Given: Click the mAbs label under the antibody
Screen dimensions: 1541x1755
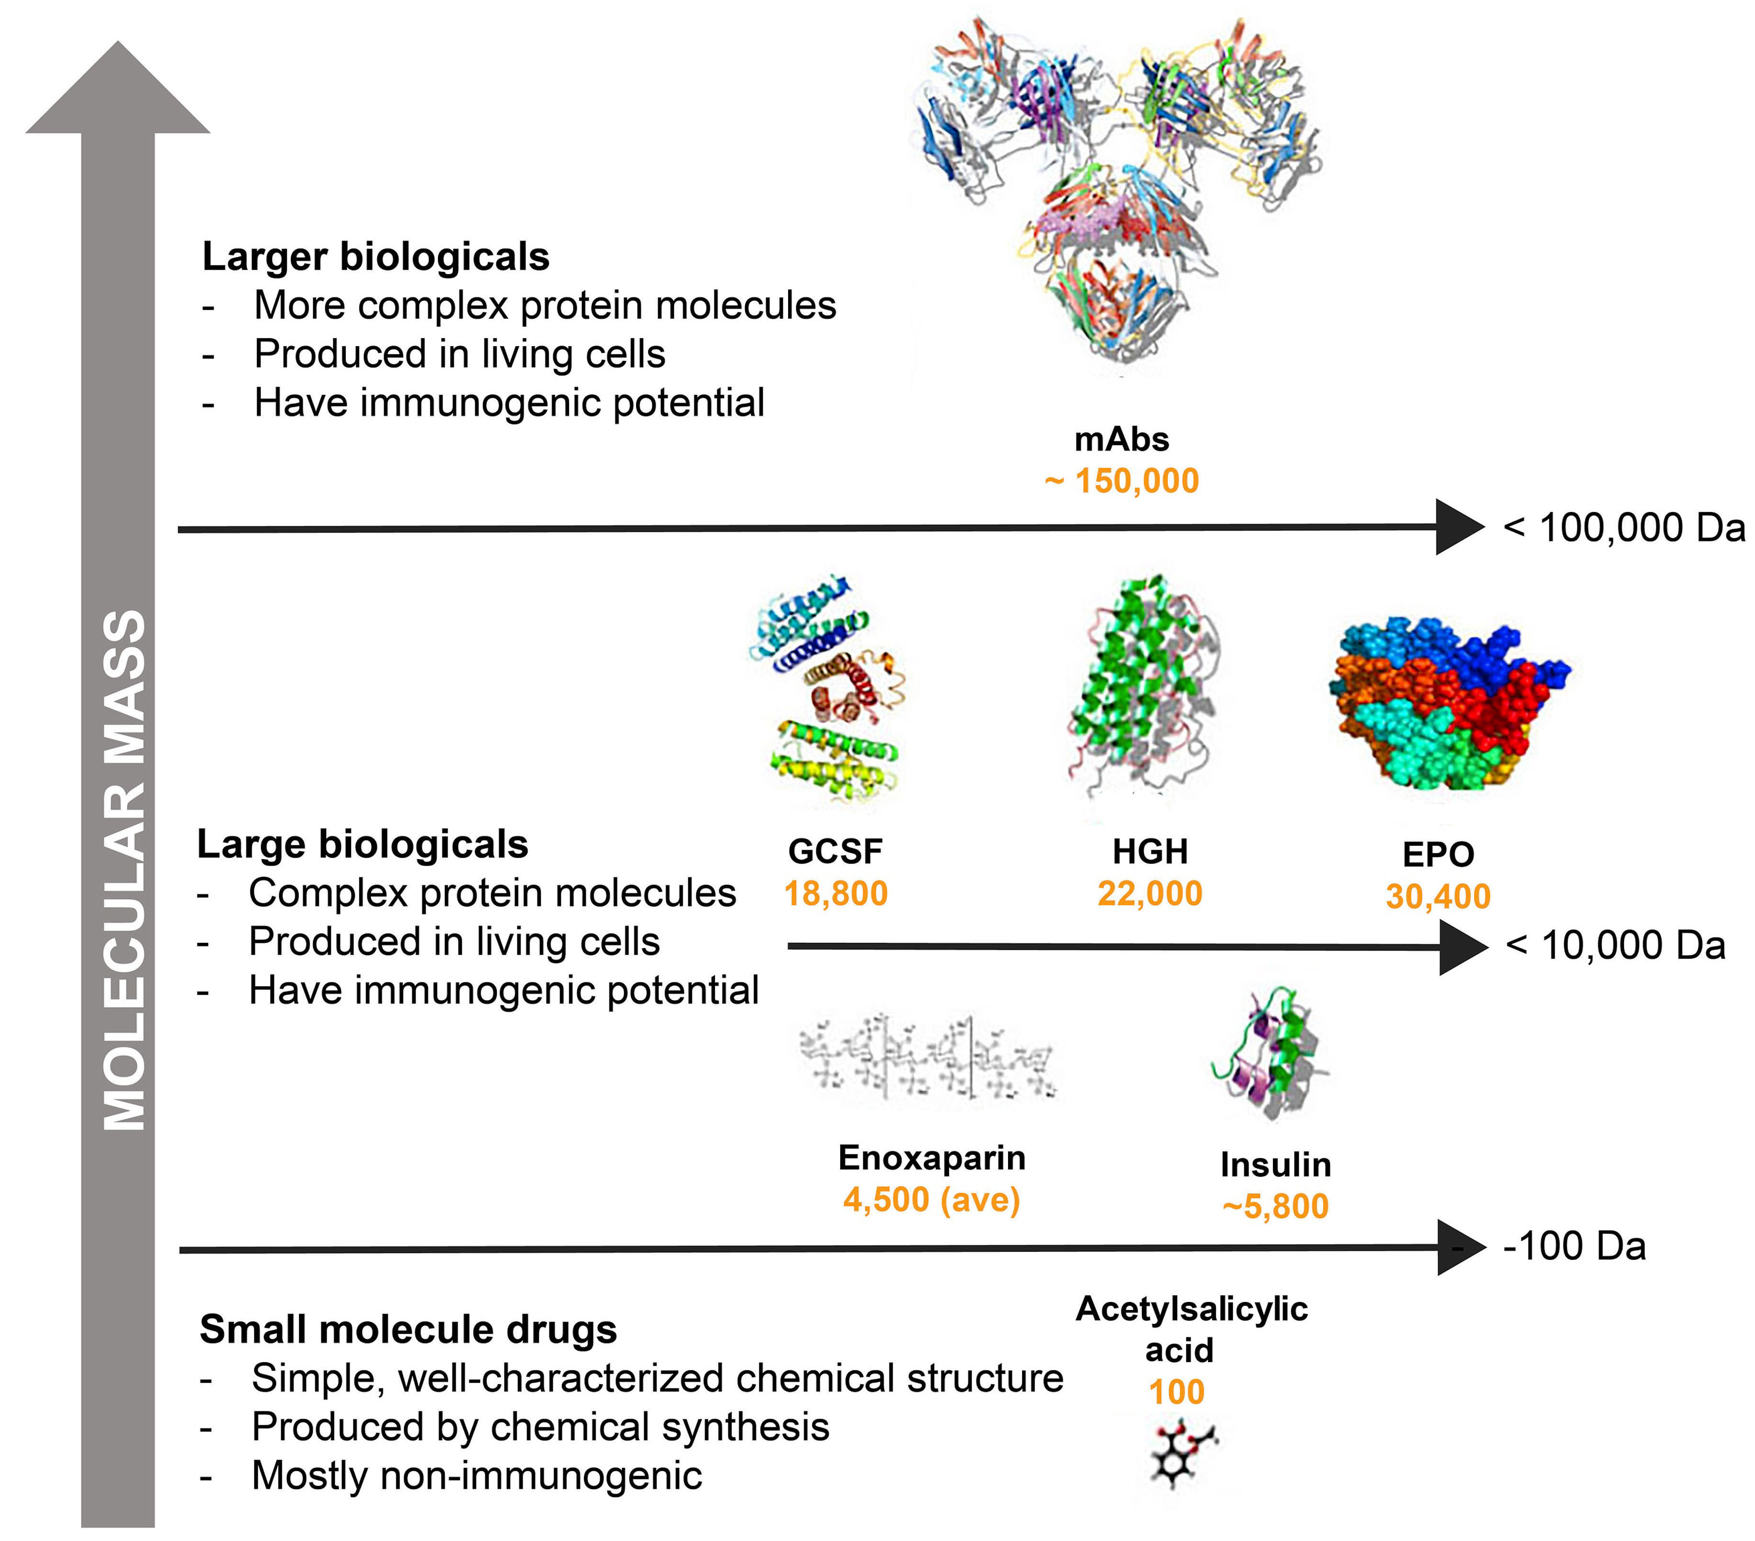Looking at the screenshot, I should click(x=1121, y=439).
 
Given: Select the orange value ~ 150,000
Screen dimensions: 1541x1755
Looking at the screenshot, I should click(x=1121, y=481).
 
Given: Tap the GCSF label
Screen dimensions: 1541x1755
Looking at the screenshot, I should click(x=834, y=852).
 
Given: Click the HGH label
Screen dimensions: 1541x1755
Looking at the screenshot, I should click(x=1150, y=852).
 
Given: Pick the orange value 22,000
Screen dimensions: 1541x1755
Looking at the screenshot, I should click(x=1150, y=894).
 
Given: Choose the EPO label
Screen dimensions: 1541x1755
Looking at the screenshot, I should click(x=1438, y=854).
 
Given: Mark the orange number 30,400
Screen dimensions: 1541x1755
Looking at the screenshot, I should click(x=1438, y=896).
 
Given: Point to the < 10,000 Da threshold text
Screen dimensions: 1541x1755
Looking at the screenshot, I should click(x=1615, y=945).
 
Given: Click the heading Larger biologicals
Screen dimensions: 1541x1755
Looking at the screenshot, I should click(x=375, y=257).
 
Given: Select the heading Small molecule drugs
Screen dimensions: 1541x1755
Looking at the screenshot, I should click(x=408, y=1330).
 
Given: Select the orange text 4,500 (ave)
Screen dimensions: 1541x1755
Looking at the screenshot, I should click(x=932, y=1199).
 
